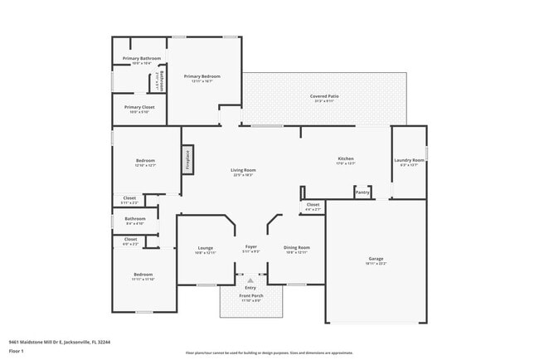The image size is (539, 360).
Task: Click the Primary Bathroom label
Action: point(141,58)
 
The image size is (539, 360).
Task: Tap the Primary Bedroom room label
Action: point(202,76)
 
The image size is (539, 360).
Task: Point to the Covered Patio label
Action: point(324,96)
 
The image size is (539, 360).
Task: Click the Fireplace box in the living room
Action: point(188,159)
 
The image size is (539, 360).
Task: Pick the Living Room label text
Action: point(243,170)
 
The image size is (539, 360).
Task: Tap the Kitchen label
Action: point(346,158)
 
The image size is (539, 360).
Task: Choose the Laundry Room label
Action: point(409,160)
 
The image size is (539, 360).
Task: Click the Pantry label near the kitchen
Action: point(362,192)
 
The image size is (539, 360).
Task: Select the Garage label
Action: point(376,259)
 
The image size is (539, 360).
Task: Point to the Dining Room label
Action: point(297,247)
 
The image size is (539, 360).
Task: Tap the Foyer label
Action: point(250,247)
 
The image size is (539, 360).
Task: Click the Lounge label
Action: point(206,247)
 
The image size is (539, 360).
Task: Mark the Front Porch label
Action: point(250,296)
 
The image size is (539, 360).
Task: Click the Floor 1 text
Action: point(17,350)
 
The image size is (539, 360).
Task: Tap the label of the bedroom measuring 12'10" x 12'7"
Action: point(146,160)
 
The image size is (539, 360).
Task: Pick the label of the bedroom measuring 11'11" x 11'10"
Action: point(142,275)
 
